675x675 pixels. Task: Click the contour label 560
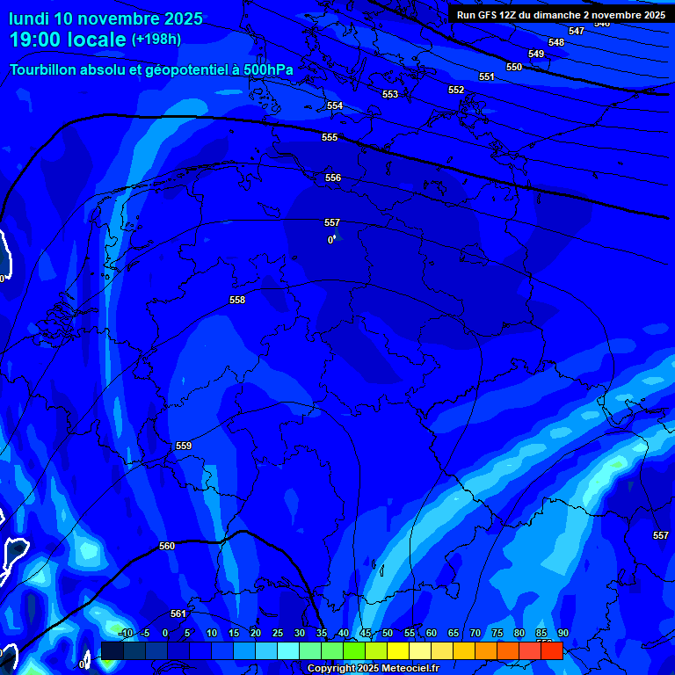167,546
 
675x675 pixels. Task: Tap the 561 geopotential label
178,613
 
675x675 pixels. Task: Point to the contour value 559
184,446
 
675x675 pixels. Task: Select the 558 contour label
237,300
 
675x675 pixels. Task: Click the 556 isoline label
333,178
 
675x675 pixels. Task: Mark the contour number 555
330,137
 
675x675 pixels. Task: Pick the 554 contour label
335,105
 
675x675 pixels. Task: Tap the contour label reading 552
456,90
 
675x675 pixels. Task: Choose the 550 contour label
514,67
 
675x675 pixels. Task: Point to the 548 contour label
556,42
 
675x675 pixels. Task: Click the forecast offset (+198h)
156,39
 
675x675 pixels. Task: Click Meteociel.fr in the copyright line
405,669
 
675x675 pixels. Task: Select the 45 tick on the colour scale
365,633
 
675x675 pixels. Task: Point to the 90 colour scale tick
562,633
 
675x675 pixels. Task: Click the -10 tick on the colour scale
125,633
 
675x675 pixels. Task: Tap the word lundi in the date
30,18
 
